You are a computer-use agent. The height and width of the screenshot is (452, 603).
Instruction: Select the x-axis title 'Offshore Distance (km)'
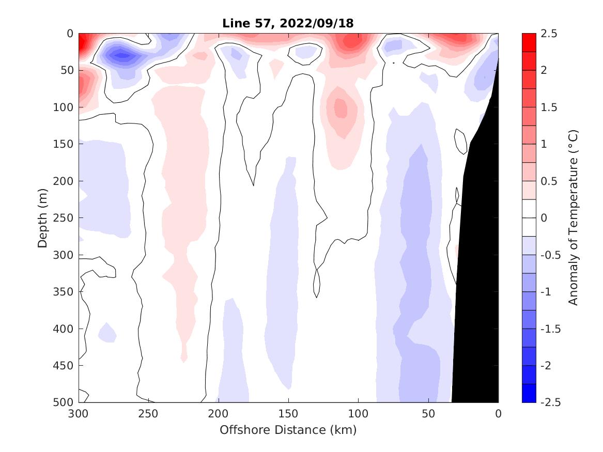point(288,430)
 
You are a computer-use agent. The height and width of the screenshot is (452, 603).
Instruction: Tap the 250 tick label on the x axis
point(148,413)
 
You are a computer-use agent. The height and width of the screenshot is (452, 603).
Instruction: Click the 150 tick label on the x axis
point(288,413)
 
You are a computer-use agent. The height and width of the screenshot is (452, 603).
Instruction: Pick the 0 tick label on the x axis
point(498,413)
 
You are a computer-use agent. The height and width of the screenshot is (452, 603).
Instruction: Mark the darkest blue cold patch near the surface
point(122,55)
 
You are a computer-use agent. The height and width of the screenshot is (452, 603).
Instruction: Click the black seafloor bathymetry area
point(478,258)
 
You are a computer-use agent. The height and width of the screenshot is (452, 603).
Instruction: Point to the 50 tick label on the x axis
point(428,413)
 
